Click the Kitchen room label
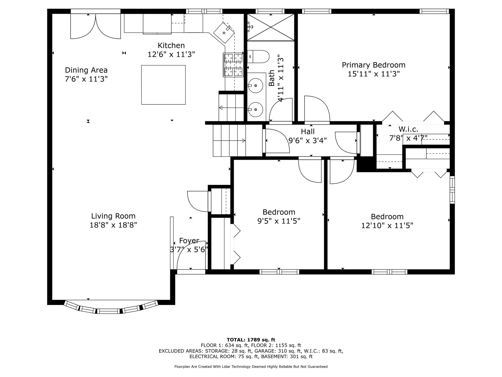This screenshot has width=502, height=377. point(171,46)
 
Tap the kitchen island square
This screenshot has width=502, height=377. point(163,85)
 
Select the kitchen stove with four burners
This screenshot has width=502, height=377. point(233,65)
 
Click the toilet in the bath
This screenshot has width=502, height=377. point(258,57)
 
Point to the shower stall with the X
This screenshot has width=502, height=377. point(271,27)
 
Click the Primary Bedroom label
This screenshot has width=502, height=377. point(374,65)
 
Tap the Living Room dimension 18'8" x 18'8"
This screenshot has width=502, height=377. point(113,225)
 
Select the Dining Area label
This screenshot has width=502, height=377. point(86,70)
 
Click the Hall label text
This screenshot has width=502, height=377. point(308,131)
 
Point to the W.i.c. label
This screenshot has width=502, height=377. point(408,129)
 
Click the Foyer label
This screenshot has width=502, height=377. point(189,241)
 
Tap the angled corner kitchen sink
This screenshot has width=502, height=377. point(224,33)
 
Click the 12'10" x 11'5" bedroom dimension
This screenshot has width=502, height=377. point(387,226)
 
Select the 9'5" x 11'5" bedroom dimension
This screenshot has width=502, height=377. point(279,221)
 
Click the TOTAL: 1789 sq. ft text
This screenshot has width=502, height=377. point(251,340)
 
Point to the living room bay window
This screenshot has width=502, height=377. point(111,308)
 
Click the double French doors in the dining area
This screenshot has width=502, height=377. point(96,26)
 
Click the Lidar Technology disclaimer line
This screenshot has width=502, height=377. point(251,367)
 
